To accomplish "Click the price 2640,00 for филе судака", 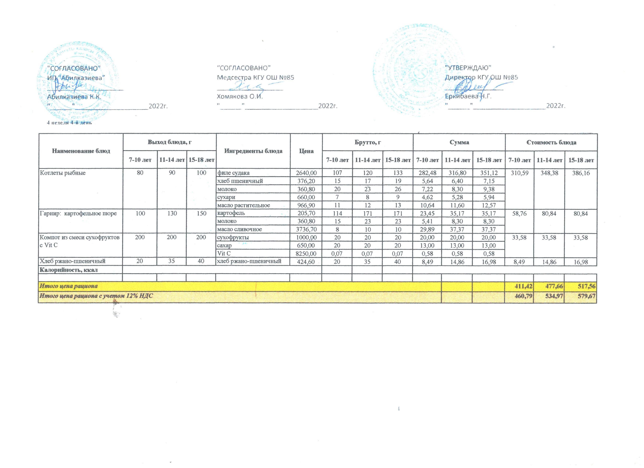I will pyautogui.click(x=306, y=173).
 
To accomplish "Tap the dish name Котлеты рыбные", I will pyautogui.click(x=63, y=173).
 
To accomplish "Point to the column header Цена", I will pyautogui.click(x=306, y=151).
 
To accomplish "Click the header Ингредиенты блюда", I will pyautogui.click(x=253, y=151).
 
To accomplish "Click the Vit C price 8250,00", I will pyautogui.click(x=306, y=254).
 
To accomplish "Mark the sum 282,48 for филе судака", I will pyautogui.click(x=427, y=173).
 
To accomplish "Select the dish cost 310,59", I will pyautogui.click(x=519, y=173).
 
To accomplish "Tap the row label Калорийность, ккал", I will pyautogui.click(x=69, y=270).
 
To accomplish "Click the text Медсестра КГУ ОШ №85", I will pyautogui.click(x=255, y=77).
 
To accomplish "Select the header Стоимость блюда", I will pyautogui.click(x=551, y=142).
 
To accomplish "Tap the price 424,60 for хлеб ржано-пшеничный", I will pyautogui.click(x=306, y=262).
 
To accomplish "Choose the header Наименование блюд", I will pyautogui.click(x=81, y=151).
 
